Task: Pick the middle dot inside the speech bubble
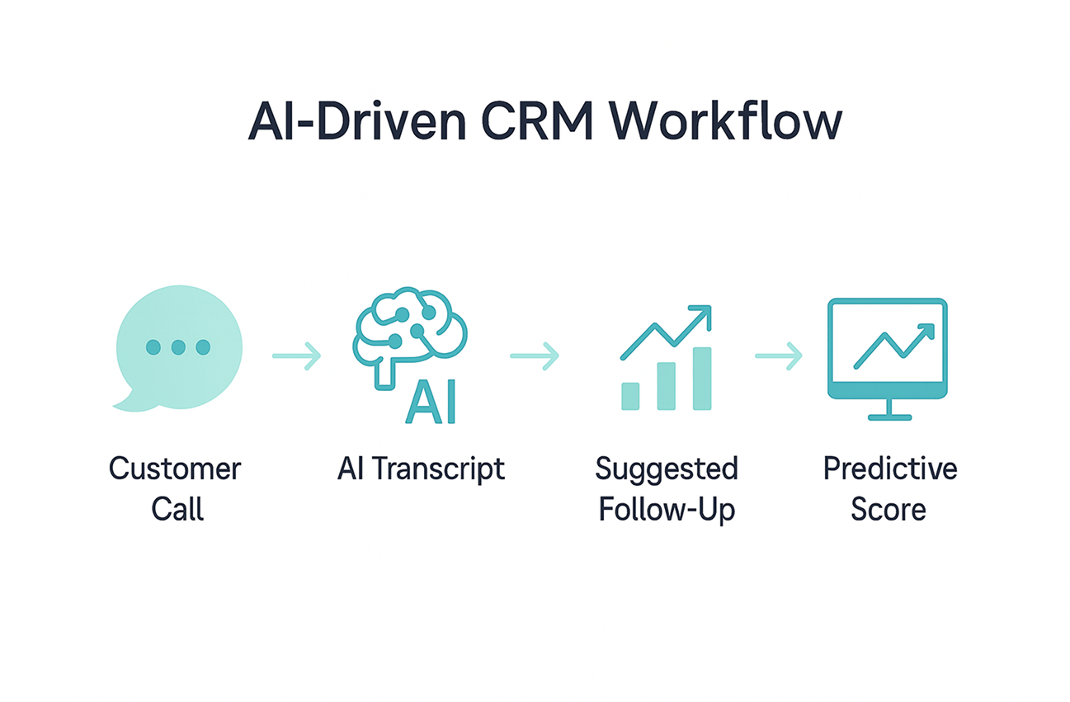[178, 348]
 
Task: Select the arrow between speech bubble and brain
[296, 356]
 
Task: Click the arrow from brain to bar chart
[535, 356]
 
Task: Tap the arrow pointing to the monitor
[778, 356]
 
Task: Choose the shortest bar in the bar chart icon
[630, 396]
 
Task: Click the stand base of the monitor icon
[889, 417]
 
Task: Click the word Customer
[175, 469]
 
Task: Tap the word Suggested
[667, 469]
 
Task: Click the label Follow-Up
[667, 509]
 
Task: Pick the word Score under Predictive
[889, 509]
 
